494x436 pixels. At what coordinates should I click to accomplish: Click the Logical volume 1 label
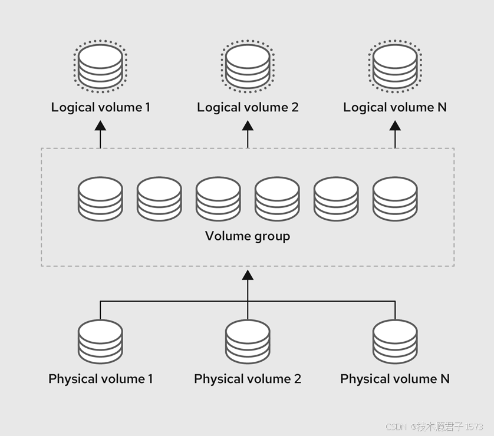[100, 107]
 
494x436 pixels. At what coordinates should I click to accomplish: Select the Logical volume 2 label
[248, 107]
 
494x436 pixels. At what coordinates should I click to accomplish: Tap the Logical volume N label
[395, 107]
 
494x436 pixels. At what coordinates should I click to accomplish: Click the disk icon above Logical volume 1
[100, 65]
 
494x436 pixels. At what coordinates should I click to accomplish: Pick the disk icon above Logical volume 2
[248, 65]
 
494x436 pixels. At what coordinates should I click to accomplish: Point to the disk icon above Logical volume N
[395, 65]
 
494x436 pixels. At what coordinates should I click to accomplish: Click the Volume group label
[248, 236]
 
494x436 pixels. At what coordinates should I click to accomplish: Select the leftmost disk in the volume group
[100, 199]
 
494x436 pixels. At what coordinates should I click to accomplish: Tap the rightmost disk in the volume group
[395, 199]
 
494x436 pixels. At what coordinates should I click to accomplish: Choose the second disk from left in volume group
[159, 199]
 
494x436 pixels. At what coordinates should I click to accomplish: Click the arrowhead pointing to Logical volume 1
[100, 125]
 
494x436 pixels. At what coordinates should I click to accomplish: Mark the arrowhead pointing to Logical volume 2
[248, 125]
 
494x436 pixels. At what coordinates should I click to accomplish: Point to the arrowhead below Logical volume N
[395, 125]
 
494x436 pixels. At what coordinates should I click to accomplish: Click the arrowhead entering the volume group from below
[248, 275]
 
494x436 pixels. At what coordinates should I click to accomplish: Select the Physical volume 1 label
[100, 379]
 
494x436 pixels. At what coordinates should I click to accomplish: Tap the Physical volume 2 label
[248, 379]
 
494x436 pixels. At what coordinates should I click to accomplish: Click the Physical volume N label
[395, 379]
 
